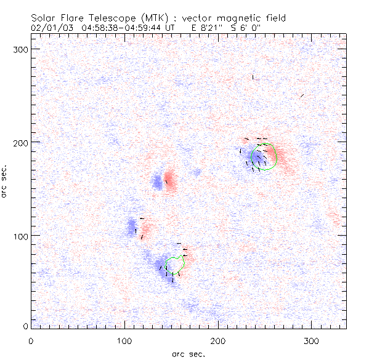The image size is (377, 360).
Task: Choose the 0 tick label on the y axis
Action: point(25,326)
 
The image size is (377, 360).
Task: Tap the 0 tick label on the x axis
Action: point(31,340)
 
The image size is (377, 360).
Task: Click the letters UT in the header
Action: point(171,27)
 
